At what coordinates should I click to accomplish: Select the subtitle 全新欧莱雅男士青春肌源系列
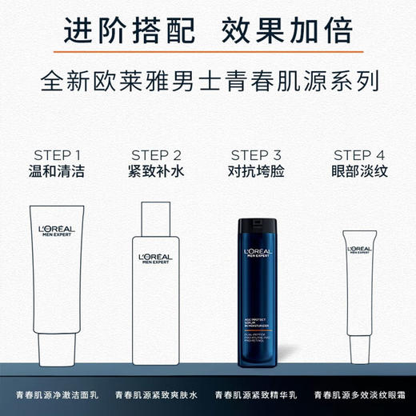(x=208, y=82)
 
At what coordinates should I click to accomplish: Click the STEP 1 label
(x=58, y=154)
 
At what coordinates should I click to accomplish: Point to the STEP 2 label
(x=157, y=154)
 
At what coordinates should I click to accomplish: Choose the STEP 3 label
(x=258, y=154)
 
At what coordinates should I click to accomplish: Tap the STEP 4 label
(x=358, y=154)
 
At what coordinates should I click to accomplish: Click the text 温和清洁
(x=58, y=171)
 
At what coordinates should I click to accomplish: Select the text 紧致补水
(x=157, y=171)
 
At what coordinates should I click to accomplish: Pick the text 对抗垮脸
(x=258, y=171)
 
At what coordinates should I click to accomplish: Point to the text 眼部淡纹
(x=358, y=171)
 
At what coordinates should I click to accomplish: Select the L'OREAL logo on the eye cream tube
(x=358, y=250)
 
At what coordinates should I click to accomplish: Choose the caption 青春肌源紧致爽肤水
(x=157, y=396)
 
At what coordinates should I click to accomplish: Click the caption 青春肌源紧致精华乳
(x=258, y=396)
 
